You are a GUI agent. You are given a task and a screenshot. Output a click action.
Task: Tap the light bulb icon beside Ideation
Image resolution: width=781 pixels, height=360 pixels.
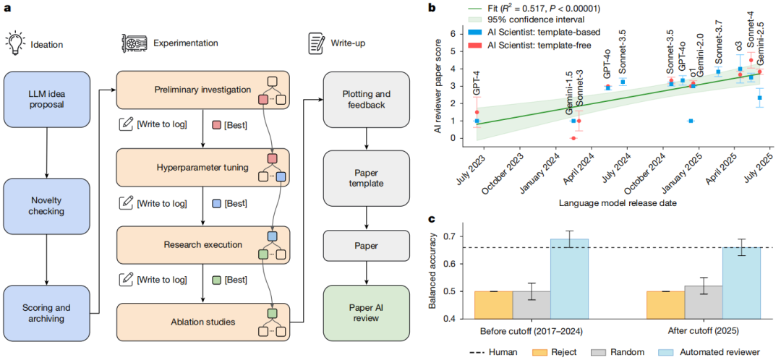tap(17, 43)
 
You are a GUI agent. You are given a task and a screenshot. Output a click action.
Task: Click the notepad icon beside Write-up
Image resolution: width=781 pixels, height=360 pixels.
tap(315, 43)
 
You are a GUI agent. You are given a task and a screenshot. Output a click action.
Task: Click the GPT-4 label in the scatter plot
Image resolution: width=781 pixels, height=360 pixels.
tap(477, 82)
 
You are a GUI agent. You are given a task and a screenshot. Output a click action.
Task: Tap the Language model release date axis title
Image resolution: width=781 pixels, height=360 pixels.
tap(618, 203)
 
